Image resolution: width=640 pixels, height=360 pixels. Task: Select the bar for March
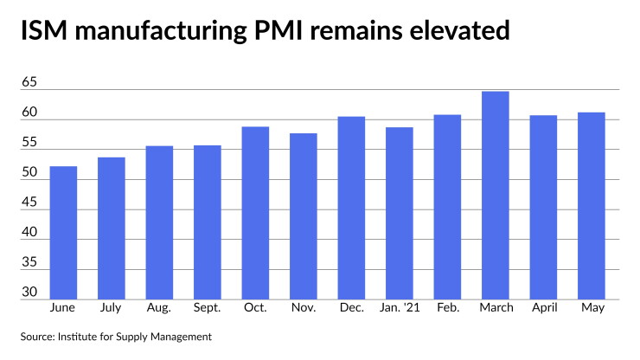(495, 196)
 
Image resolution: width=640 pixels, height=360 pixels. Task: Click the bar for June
(63, 233)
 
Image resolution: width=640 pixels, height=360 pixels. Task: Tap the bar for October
(255, 213)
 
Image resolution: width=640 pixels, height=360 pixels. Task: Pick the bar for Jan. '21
(400, 213)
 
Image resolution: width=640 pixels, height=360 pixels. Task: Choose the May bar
(592, 206)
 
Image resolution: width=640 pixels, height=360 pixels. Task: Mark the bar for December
(351, 208)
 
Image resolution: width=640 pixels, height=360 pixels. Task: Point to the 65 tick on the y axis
(29, 82)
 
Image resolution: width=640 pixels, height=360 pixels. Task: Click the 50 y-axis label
(29, 172)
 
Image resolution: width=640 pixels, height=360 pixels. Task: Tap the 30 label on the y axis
(29, 292)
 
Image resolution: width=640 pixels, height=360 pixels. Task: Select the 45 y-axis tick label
(29, 202)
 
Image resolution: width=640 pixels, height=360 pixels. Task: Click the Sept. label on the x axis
(207, 308)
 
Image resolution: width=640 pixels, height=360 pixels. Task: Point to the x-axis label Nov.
(304, 307)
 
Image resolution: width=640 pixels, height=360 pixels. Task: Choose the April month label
(544, 308)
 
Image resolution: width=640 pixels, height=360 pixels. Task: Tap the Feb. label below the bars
(448, 307)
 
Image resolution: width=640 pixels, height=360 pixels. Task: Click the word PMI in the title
(278, 30)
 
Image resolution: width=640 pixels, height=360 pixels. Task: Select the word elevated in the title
(459, 30)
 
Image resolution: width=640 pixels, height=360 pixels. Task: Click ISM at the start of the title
(43, 30)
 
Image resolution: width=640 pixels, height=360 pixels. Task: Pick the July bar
(112, 228)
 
